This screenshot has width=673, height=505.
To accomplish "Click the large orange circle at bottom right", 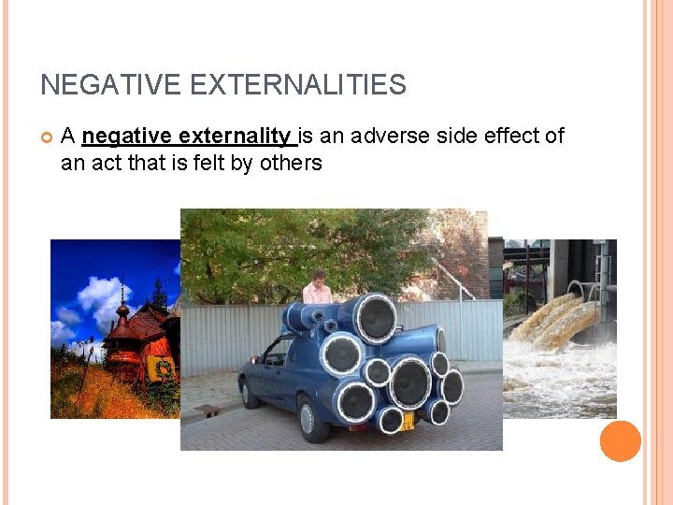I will pos(620,440).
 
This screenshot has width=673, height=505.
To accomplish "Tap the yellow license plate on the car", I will pos(408,421).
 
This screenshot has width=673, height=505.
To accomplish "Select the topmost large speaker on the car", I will pos(376,317).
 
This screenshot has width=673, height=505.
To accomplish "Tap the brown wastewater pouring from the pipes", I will pos(551,323).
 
